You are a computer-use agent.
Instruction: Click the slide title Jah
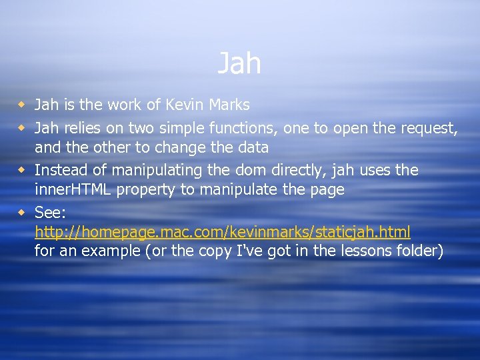click(x=239, y=64)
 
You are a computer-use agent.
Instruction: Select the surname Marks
click(x=228, y=105)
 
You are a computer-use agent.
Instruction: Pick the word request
click(x=429, y=128)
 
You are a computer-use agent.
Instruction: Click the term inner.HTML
click(x=73, y=189)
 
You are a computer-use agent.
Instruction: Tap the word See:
click(x=51, y=213)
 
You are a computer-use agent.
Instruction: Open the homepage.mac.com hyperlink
click(x=223, y=232)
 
